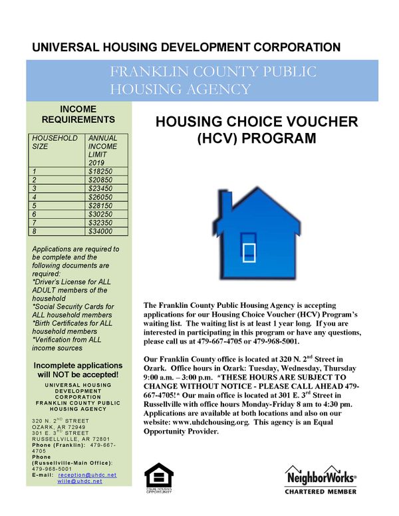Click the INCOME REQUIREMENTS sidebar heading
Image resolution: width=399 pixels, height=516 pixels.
(x=78, y=114)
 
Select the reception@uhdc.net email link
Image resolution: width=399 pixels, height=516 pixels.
(x=87, y=475)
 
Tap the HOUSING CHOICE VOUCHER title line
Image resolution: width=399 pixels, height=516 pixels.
(x=256, y=122)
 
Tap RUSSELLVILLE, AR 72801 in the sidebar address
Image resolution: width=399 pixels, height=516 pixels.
(x=66, y=440)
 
